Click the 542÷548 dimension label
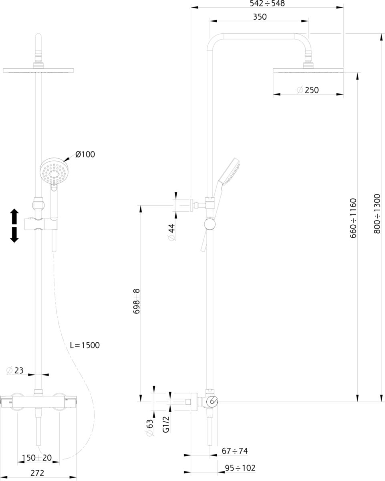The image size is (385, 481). pyautogui.click(x=267, y=3)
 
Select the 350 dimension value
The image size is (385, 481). pyautogui.click(x=260, y=17)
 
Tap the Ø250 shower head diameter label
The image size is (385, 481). pyautogui.click(x=308, y=90)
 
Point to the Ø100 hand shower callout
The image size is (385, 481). pyautogui.click(x=85, y=154)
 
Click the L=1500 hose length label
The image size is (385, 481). pyautogui.click(x=85, y=345)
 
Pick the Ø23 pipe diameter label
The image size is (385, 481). pyautogui.click(x=15, y=370)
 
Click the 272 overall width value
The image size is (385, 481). pyautogui.click(x=37, y=473)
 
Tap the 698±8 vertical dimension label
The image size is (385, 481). pyautogui.click(x=136, y=301)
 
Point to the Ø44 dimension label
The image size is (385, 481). pyautogui.click(x=172, y=232)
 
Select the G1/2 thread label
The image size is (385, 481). pyautogui.click(x=166, y=424)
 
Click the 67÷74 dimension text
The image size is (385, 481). pyautogui.click(x=235, y=451)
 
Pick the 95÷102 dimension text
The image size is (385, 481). pyautogui.click(x=240, y=468)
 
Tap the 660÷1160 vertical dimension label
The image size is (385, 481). pyautogui.click(x=353, y=218)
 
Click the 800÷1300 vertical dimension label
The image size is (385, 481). pyautogui.click(x=377, y=214)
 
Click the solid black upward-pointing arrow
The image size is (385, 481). pyautogui.click(x=14, y=216)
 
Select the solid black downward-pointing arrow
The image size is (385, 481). pyautogui.click(x=14, y=235)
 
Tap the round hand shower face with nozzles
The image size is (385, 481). pyautogui.click(x=54, y=172)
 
